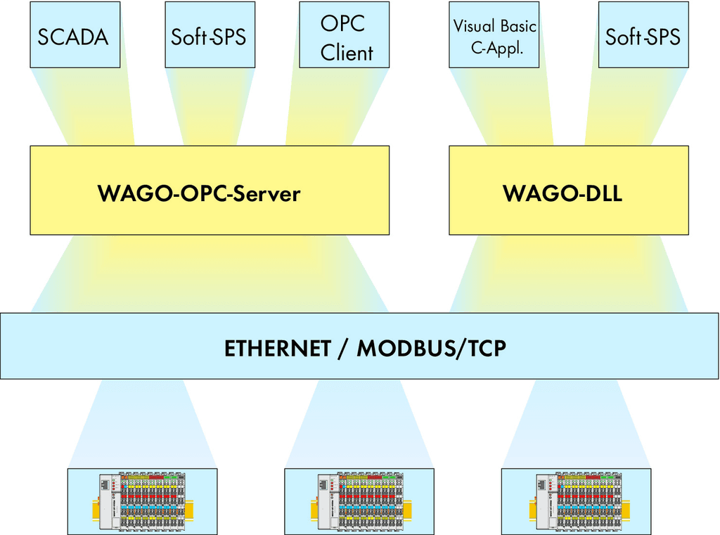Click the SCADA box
[x=75, y=35]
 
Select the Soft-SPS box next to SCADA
[x=210, y=35]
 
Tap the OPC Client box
[x=345, y=35]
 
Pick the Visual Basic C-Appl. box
[x=494, y=35]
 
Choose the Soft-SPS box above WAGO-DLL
[x=643, y=35]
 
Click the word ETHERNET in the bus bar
[x=278, y=348]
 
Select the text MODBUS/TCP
[x=432, y=348]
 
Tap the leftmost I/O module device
[x=142, y=501]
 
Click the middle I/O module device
[x=359, y=501]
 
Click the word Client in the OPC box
[x=347, y=53]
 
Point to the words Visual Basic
[x=494, y=26]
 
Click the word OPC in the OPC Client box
[x=343, y=22]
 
